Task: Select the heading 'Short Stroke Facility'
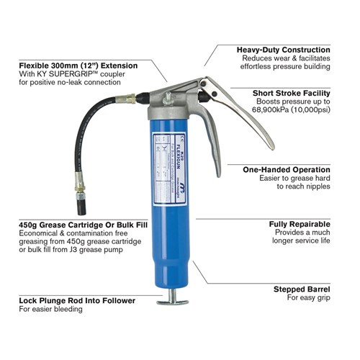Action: coord(292,93)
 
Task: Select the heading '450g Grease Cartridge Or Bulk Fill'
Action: coord(84,224)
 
